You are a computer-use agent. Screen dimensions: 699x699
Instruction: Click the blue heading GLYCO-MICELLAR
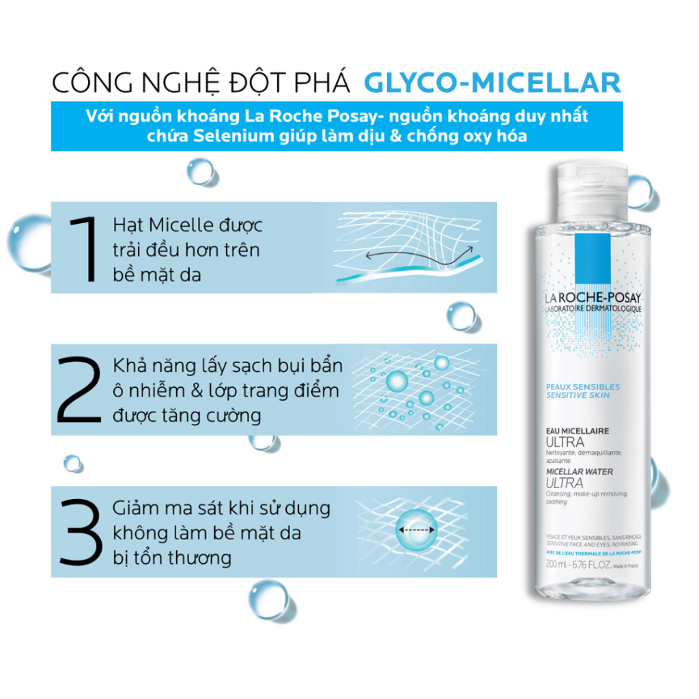(x=491, y=82)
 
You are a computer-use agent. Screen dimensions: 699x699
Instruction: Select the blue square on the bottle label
(x=592, y=259)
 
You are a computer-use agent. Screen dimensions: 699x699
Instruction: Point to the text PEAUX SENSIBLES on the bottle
(x=582, y=386)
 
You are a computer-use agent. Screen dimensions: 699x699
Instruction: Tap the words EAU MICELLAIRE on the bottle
(x=577, y=431)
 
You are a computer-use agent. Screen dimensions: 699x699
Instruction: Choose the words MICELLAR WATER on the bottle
(x=579, y=472)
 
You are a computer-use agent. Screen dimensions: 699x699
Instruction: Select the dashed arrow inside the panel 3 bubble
(x=414, y=528)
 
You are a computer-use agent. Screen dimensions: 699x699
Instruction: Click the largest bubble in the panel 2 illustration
(x=398, y=380)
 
